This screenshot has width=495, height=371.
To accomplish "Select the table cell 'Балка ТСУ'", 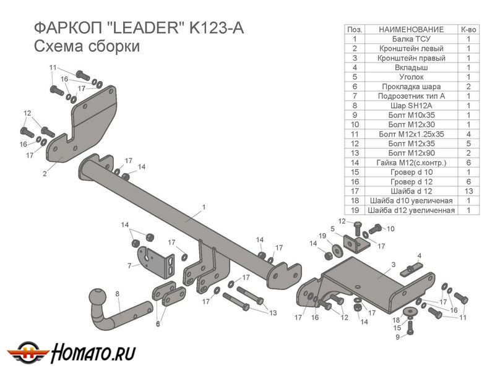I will click(411, 38).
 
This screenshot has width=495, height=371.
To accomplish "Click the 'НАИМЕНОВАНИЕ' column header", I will click(411, 29).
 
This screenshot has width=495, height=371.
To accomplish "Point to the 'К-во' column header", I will click(468, 29).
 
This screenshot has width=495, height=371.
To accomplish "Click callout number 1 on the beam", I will click(203, 207).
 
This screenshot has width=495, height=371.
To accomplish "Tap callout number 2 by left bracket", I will click(45, 174).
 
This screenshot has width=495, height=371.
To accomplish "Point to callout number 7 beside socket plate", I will click(129, 266).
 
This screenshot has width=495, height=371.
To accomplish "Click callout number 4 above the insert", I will click(419, 255).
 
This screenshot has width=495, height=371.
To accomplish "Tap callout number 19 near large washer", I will click(322, 236).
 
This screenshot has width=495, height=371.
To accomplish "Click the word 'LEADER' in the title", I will click(144, 28).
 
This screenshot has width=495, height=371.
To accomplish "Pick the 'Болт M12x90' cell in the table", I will click(411, 153).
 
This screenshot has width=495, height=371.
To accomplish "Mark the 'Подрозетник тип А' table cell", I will click(411, 96).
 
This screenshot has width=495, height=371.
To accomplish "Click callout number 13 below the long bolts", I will click(273, 313).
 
